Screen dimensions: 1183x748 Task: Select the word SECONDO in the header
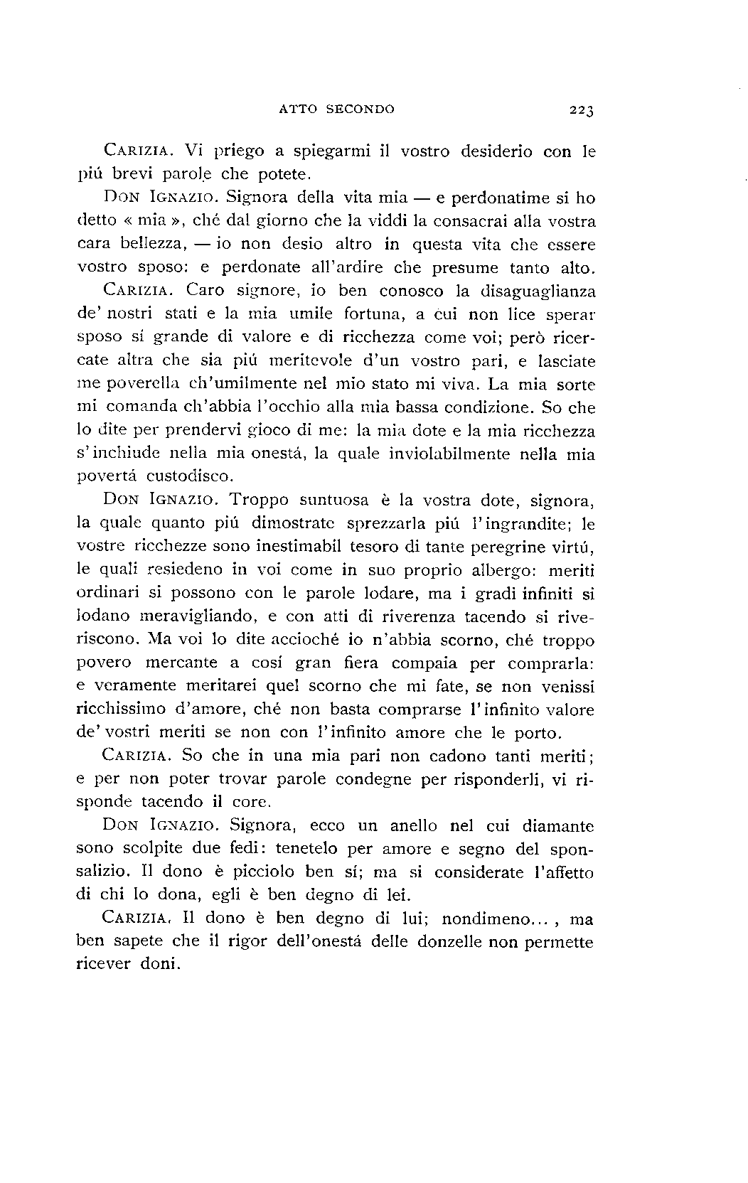(360, 109)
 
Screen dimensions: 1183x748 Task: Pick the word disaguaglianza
(538, 291)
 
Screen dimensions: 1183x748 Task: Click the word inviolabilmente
(449, 454)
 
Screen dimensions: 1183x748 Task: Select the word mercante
(181, 663)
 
